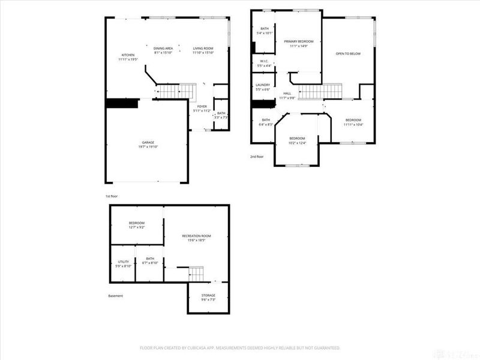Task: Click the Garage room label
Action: (x=148, y=142)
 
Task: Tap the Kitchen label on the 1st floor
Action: (x=127, y=55)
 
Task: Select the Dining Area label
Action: (x=163, y=48)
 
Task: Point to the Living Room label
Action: (x=203, y=48)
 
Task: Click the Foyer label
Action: (x=202, y=106)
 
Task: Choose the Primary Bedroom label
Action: (x=299, y=41)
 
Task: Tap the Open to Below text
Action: (x=348, y=54)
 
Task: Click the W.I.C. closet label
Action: (x=264, y=61)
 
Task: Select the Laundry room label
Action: (x=263, y=85)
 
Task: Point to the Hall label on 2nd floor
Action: (x=287, y=93)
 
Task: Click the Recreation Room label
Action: (x=197, y=236)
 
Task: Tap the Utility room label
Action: (x=122, y=262)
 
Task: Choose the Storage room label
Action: (x=208, y=295)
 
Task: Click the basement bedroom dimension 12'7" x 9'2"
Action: (x=137, y=227)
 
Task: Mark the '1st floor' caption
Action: (x=112, y=196)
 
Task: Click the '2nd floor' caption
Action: (x=257, y=157)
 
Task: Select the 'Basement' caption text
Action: (x=115, y=296)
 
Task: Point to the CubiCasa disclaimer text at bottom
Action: (x=240, y=347)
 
